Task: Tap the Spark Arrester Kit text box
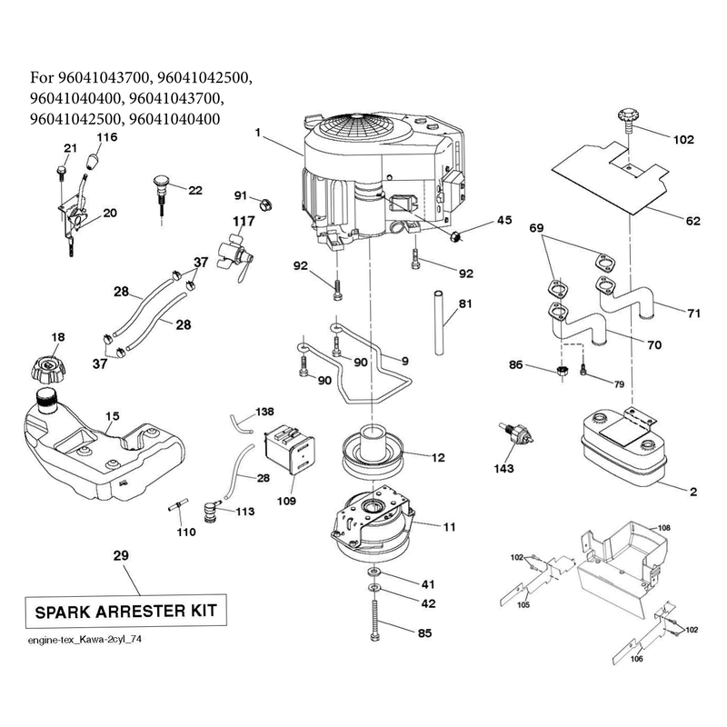click(125, 611)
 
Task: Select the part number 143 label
click(503, 468)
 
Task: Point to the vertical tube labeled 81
click(439, 323)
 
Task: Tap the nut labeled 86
click(562, 371)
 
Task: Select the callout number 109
click(286, 501)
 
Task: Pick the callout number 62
click(692, 221)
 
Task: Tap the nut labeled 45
click(455, 235)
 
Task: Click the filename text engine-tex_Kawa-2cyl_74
click(85, 640)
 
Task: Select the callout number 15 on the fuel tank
click(112, 416)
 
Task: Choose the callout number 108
click(664, 528)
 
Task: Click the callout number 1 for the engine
click(258, 133)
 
